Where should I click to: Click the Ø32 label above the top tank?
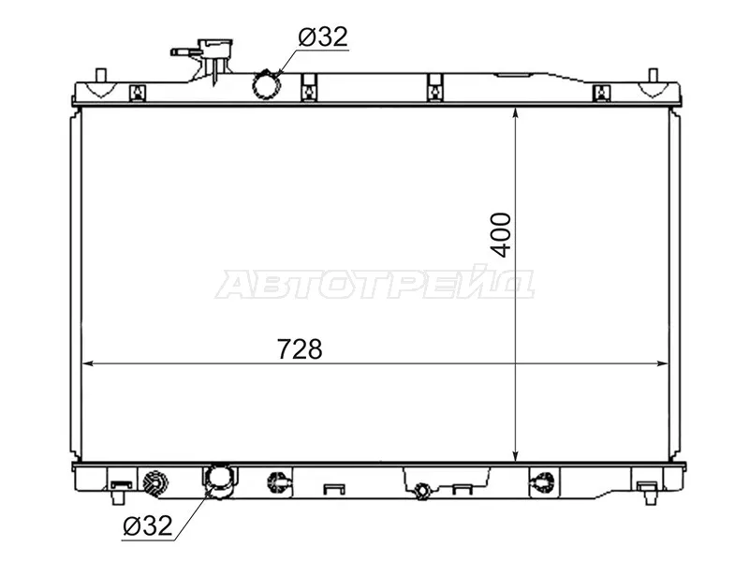323,37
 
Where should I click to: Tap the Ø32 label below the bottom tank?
147,526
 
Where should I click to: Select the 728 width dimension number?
300,349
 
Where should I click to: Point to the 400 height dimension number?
501,235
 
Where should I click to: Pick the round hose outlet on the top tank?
266,85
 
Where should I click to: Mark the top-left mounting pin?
100,76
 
